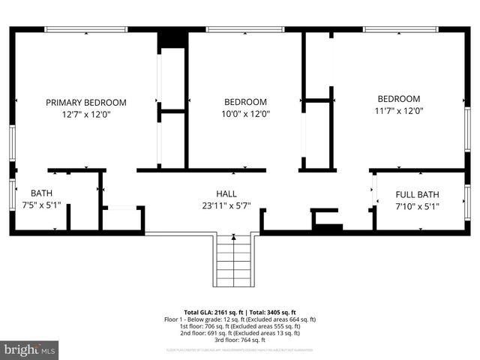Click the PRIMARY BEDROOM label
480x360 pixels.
click(x=86, y=103)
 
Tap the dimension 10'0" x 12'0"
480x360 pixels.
click(x=245, y=115)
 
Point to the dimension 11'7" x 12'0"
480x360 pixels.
click(x=398, y=110)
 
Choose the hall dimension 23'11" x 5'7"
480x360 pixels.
click(x=226, y=205)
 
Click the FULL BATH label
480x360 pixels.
click(x=417, y=195)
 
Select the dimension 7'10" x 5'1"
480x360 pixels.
click(x=417, y=206)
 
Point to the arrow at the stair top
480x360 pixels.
click(x=234, y=238)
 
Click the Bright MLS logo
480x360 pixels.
click(x=30, y=349)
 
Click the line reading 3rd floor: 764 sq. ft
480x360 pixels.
click(x=240, y=340)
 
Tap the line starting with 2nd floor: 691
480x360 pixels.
click(x=240, y=333)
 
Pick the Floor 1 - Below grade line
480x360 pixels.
click(x=240, y=319)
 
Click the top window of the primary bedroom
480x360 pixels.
click(x=86, y=30)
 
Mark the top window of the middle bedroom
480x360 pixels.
click(x=244, y=30)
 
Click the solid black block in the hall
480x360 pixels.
click(x=327, y=226)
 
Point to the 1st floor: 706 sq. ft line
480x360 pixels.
click(x=240, y=326)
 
